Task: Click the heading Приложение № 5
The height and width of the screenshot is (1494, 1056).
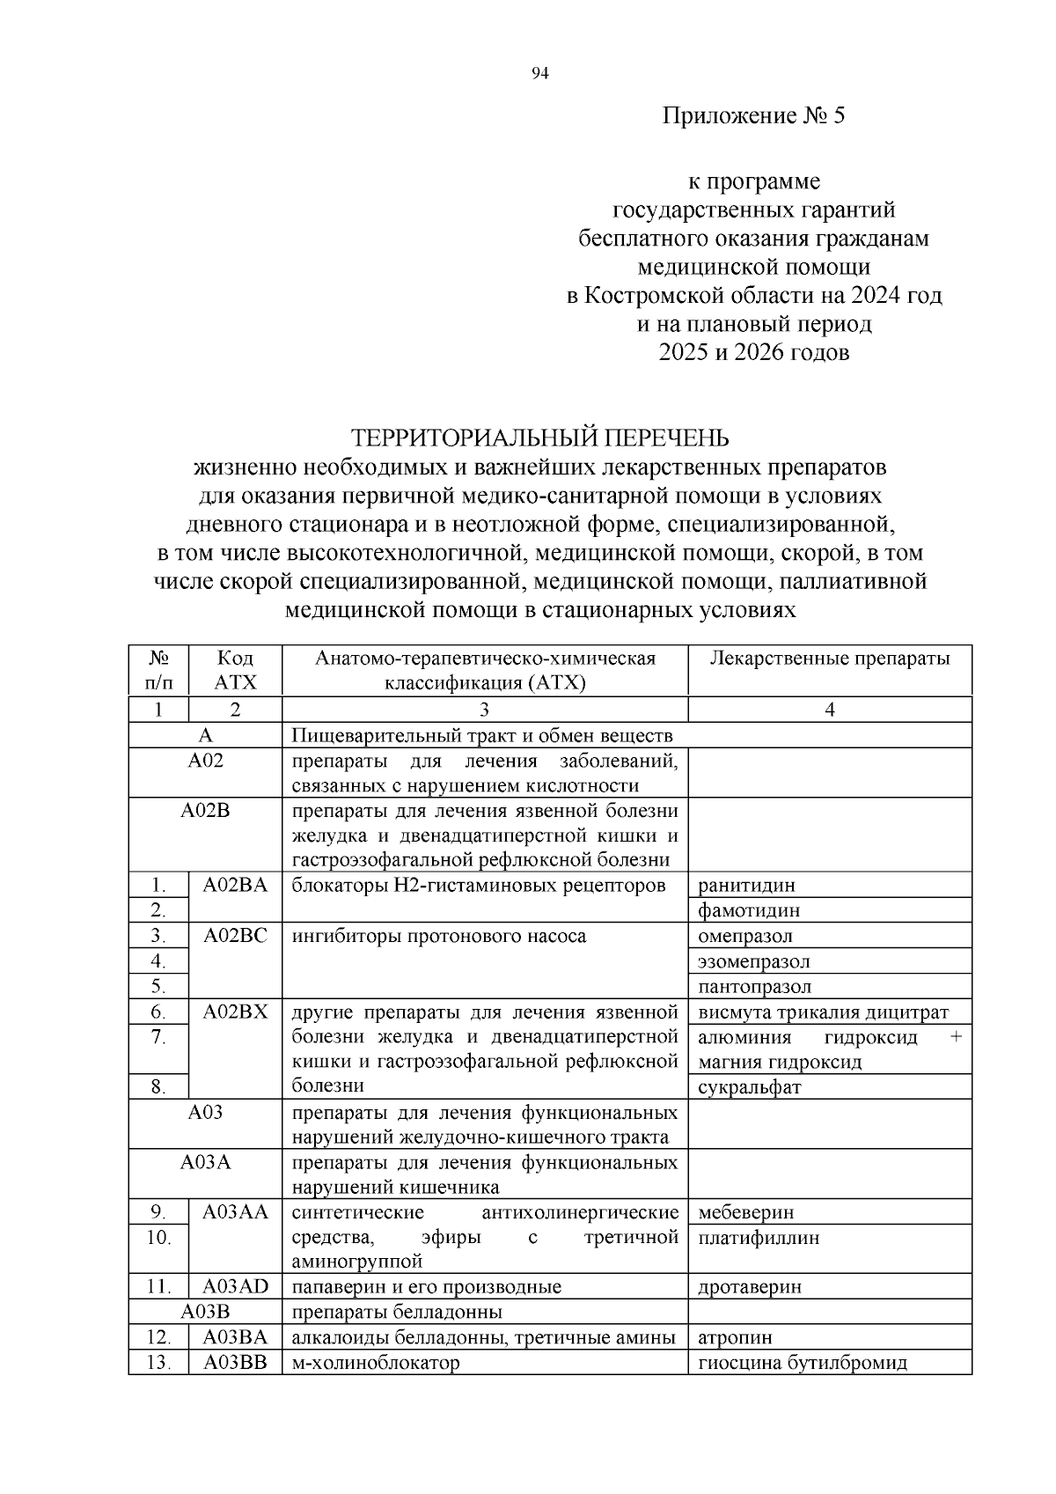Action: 753,116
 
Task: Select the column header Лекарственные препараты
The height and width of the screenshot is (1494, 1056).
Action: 829,659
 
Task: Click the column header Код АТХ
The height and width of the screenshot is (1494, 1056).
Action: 235,670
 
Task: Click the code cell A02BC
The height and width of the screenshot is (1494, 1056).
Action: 235,936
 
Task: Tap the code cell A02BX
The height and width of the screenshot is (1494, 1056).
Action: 235,1012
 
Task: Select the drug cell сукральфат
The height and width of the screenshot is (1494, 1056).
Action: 749,1087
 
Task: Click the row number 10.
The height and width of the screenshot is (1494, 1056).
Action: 158,1237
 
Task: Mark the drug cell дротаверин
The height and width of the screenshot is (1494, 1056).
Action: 750,1287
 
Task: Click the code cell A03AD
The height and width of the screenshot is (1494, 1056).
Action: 235,1287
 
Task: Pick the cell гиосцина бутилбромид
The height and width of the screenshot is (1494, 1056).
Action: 802,1363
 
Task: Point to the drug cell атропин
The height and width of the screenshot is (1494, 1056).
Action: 735,1338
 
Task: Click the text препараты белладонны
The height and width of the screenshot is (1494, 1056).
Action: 397,1313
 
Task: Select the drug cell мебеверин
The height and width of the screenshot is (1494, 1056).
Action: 745,1212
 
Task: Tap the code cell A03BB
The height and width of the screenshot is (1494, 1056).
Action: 235,1363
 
